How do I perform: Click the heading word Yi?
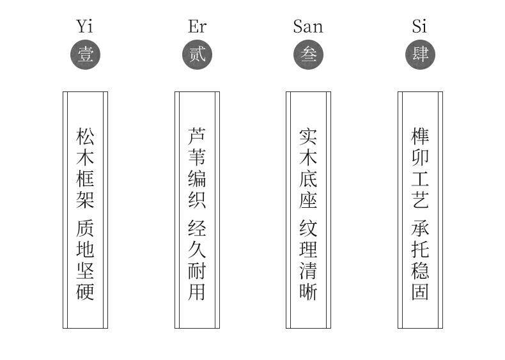[x=85, y=26]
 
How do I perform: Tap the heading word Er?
[x=197, y=26]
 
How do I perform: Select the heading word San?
[x=308, y=26]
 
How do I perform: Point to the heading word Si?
[x=419, y=26]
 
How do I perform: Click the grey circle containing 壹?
[x=86, y=54]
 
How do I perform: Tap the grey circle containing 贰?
[x=197, y=54]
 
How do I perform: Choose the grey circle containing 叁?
[x=308, y=54]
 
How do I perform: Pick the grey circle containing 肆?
[x=420, y=54]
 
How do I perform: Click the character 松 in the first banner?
[x=86, y=136]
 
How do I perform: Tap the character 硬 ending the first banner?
[x=86, y=292]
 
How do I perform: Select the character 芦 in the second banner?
[x=197, y=136]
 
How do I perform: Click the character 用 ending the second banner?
[x=197, y=292]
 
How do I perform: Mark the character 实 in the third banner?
[x=308, y=136]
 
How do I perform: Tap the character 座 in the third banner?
[x=308, y=200]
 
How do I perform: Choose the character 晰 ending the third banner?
[x=308, y=292]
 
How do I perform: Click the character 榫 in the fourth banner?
[x=420, y=136]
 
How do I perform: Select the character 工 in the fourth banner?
[x=420, y=178]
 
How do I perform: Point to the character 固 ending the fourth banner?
[x=420, y=292]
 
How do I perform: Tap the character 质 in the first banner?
[x=86, y=228]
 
